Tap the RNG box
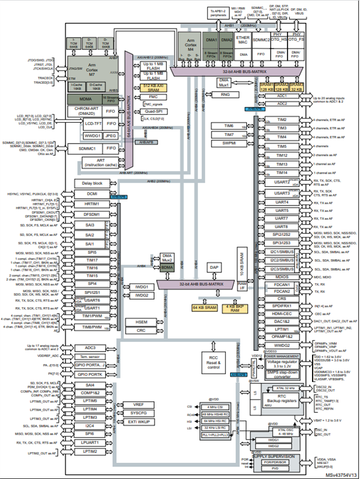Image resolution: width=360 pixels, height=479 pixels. tap(225, 94)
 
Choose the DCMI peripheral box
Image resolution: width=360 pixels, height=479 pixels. tap(92, 195)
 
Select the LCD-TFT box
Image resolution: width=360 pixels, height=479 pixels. tap(87, 123)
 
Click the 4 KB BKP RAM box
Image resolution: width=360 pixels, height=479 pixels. tap(234, 307)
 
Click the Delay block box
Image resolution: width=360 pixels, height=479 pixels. tap(92, 183)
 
